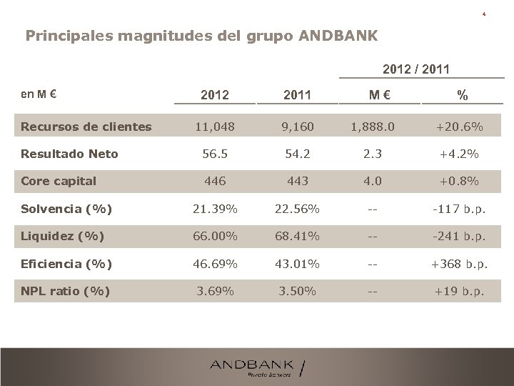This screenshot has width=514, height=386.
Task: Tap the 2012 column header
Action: (x=215, y=94)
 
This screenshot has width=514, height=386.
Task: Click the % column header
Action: (x=462, y=94)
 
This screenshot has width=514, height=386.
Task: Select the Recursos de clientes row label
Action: (x=86, y=127)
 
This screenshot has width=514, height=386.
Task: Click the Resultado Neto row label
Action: (x=69, y=154)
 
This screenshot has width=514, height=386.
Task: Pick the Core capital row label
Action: (x=59, y=181)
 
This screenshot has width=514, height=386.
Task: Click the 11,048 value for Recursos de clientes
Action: (x=215, y=127)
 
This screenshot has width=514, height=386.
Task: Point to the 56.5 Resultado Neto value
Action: (x=215, y=154)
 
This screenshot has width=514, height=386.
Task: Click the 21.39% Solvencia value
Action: (x=215, y=208)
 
